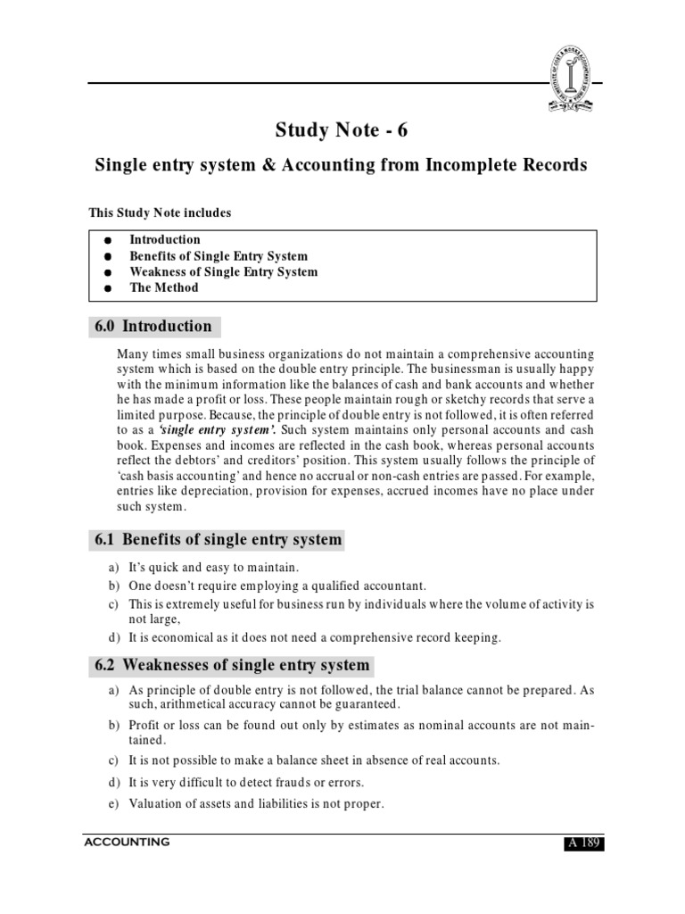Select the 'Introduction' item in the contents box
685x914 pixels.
tap(165, 239)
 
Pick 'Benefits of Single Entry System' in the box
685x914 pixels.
tap(219, 255)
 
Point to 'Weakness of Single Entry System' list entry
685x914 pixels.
tap(223, 271)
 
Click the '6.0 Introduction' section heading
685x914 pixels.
tap(153, 327)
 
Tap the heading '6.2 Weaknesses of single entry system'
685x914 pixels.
tap(232, 665)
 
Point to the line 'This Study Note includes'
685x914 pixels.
tap(160, 212)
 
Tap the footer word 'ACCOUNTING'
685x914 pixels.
tap(127, 841)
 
